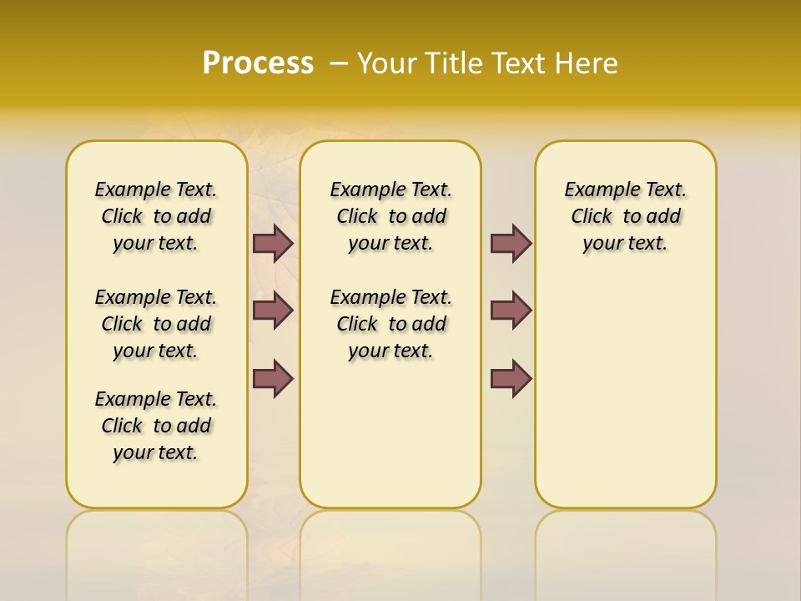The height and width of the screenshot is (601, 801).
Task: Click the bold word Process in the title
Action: click(258, 63)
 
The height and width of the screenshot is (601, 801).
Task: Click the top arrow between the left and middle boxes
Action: click(273, 243)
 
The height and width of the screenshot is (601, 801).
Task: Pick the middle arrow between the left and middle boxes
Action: click(273, 311)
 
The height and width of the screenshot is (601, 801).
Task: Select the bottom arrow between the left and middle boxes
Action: click(273, 378)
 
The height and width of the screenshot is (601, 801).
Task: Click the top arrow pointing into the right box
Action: click(511, 243)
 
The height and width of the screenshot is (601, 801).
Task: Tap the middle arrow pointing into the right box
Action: click(511, 311)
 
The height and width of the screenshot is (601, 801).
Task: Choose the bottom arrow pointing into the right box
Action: click(511, 378)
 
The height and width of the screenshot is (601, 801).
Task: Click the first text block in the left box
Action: click(156, 216)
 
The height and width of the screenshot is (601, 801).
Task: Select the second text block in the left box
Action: click(156, 324)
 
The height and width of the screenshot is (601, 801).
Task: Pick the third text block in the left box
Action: click(156, 426)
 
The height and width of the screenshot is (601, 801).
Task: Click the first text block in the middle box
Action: click(390, 216)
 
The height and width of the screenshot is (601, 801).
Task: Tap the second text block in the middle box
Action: click(390, 324)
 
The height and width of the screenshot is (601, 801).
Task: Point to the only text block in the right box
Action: click(625, 216)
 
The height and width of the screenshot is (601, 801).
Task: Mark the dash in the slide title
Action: click(339, 63)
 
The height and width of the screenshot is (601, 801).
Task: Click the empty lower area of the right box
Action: click(625, 401)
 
